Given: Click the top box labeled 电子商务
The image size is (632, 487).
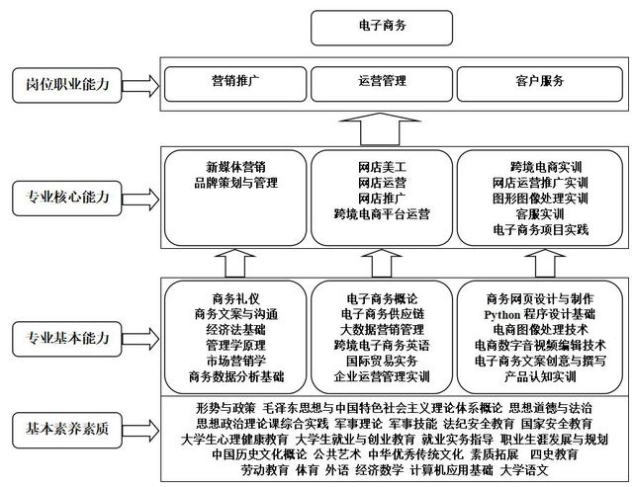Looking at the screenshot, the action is pyautogui.click(x=382, y=28).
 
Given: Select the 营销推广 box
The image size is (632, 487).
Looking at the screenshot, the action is pyautogui.click(x=235, y=84).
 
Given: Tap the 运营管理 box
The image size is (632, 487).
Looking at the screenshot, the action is pyautogui.click(x=382, y=84).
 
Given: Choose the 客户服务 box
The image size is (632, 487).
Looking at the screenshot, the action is pyautogui.click(x=540, y=84).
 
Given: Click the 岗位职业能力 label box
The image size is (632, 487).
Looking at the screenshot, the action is pyautogui.click(x=67, y=85).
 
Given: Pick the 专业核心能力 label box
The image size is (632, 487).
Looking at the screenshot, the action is pyautogui.click(x=67, y=199).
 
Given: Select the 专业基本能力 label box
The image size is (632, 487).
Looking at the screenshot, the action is pyautogui.click(x=67, y=339).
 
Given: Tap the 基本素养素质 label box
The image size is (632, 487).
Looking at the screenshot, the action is pyautogui.click(x=67, y=430).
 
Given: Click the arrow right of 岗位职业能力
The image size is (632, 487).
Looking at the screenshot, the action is pyautogui.click(x=140, y=86).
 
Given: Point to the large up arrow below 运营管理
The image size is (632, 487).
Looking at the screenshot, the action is pyautogui.click(x=380, y=128).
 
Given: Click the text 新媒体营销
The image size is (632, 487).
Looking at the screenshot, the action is pyautogui.click(x=235, y=167).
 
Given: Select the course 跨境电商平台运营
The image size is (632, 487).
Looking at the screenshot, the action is pyautogui.click(x=382, y=213).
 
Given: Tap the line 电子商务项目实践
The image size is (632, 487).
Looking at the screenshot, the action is pyautogui.click(x=540, y=229).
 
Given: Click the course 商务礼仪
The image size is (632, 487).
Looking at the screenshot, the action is pyautogui.click(x=235, y=298).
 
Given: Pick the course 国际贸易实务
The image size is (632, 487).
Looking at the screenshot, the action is pyautogui.click(x=382, y=361).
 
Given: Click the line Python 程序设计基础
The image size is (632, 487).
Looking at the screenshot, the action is pyautogui.click(x=540, y=314).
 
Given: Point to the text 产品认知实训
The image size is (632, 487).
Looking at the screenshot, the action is pyautogui.click(x=540, y=376).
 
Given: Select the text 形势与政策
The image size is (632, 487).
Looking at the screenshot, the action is pyautogui.click(x=226, y=408).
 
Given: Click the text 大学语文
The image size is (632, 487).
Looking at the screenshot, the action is pyautogui.click(x=524, y=469).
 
